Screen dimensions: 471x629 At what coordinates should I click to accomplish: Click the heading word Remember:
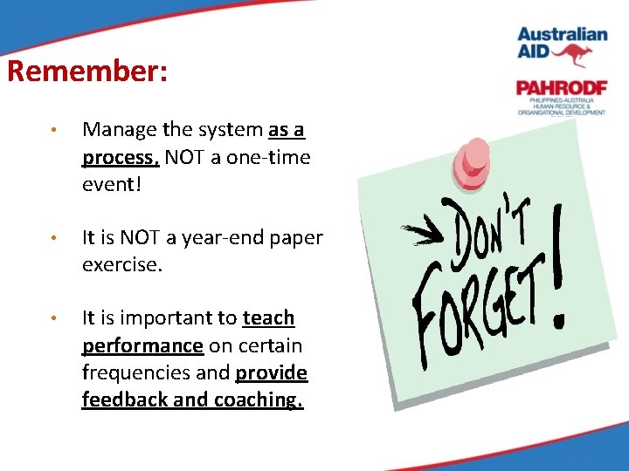[x=87, y=71]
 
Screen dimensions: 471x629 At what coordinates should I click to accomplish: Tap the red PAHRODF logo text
[x=559, y=88]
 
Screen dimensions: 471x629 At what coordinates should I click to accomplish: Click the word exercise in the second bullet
[x=121, y=264]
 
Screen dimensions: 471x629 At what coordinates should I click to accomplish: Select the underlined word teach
[x=268, y=318]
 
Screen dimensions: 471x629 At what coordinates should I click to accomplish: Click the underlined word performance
[x=142, y=345]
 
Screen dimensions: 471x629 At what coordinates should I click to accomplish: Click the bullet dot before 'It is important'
[x=53, y=318]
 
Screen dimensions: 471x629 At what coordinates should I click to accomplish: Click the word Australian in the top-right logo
[x=562, y=35]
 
